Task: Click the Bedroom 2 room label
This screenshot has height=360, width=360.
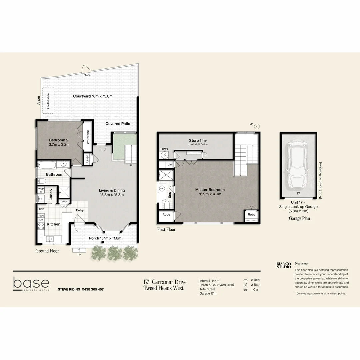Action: [x=59, y=140]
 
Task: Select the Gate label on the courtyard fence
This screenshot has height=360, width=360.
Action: [x=87, y=75]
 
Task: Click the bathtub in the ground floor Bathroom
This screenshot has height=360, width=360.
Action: [x=49, y=164]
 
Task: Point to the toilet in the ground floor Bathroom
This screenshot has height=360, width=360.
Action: [x=41, y=181]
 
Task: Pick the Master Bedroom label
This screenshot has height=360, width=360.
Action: [x=210, y=190]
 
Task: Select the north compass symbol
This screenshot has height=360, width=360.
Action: [x=256, y=126]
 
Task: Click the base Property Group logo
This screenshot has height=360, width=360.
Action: [x=31, y=284]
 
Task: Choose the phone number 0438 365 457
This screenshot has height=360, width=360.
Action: [x=93, y=289]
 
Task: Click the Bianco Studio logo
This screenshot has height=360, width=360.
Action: [x=284, y=265]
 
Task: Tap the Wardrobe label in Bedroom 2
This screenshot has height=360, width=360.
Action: [x=88, y=137]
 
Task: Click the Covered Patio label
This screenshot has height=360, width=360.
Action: [x=118, y=124]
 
